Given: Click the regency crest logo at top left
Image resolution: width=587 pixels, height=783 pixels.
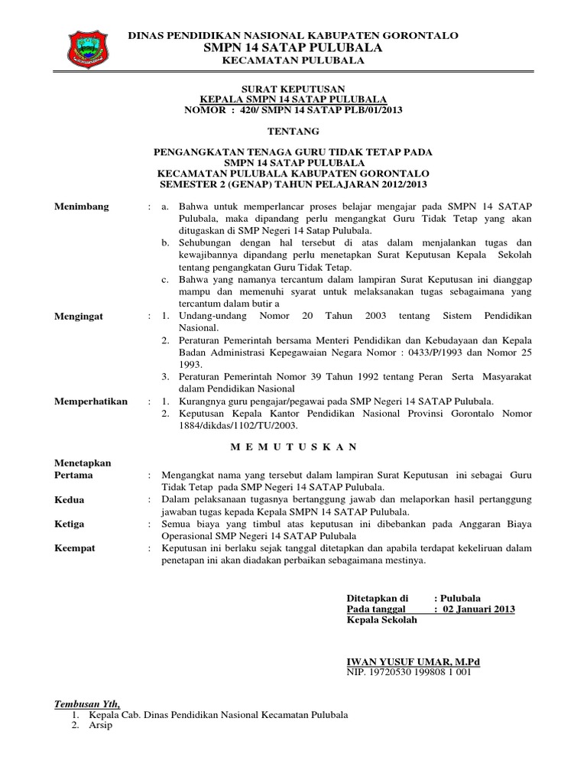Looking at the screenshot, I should click(89, 46).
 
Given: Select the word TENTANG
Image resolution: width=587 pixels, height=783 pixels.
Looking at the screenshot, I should click(293, 132).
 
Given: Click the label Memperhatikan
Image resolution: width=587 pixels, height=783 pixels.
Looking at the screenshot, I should click(91, 401).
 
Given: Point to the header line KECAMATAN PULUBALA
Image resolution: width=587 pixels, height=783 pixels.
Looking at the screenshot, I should click(293, 60).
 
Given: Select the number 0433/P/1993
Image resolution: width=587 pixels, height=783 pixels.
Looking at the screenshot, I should click(439, 353).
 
